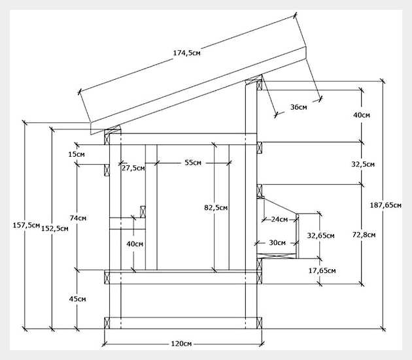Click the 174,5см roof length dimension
186,53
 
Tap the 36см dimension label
298,107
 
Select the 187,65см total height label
385,205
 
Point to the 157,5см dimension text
26,225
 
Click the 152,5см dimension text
55,229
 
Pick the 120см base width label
181,344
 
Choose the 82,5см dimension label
216,208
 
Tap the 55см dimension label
193,163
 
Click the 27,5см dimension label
133,168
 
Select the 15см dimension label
77,154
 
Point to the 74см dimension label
78,218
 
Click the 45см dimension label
78,299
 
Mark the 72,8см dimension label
364,235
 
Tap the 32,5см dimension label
363,165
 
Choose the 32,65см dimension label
320,236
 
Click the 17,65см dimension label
322,270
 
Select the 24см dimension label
280,220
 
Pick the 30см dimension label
277,242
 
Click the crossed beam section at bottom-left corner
107,323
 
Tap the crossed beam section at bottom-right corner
260,323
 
